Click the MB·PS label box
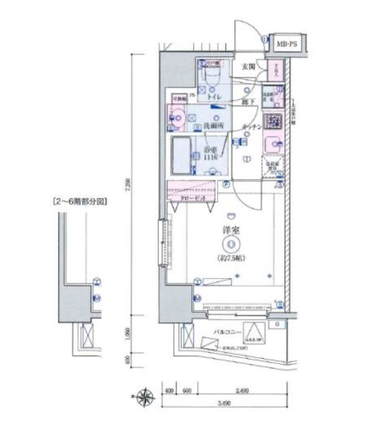[x=286, y=45]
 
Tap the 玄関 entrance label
[x=249, y=66]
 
